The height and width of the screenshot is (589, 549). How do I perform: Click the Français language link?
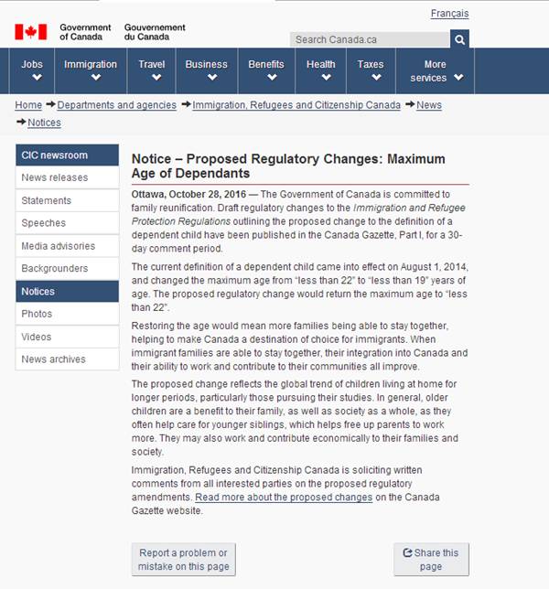click(x=449, y=14)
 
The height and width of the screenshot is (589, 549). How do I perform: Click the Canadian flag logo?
click(x=30, y=32)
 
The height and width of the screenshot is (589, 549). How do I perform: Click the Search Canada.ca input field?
click(x=370, y=39)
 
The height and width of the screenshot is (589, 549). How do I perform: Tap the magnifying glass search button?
click(x=459, y=39)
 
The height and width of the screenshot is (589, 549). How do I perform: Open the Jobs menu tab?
click(x=33, y=70)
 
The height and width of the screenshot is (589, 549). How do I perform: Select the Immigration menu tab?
click(x=91, y=70)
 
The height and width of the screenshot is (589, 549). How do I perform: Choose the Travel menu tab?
click(x=152, y=70)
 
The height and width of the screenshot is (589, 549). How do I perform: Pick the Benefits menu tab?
click(x=266, y=70)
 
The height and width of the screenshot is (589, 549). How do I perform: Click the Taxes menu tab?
click(x=371, y=70)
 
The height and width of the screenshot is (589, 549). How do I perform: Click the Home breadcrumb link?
click(x=28, y=105)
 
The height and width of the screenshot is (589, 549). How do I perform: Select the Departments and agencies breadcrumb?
click(x=117, y=105)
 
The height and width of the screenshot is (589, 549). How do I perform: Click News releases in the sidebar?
click(x=55, y=177)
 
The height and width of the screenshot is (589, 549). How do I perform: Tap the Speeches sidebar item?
click(x=44, y=223)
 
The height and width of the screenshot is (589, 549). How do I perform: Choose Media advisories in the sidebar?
click(x=58, y=246)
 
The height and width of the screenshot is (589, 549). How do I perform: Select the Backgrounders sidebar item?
click(x=55, y=269)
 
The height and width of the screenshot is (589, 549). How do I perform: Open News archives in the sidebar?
click(x=54, y=359)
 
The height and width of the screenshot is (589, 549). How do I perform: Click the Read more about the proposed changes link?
click(x=284, y=498)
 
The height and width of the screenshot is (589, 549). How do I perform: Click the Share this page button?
click(x=431, y=559)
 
